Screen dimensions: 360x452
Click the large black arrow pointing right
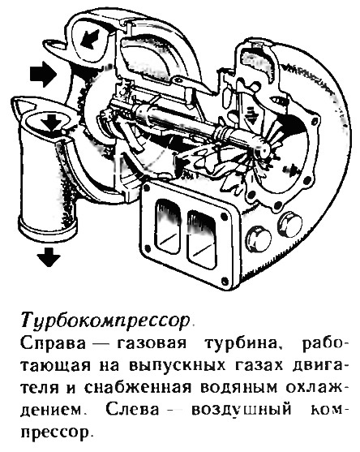click(43, 74)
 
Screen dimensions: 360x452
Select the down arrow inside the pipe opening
click(51, 123)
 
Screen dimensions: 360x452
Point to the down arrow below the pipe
click(49, 256)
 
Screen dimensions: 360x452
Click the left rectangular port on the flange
click(169, 228)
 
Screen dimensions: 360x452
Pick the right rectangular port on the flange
click(202, 240)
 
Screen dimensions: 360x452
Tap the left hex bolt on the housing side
click(259, 239)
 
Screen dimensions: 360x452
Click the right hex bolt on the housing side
click(289, 225)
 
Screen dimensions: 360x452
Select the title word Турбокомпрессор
click(105, 321)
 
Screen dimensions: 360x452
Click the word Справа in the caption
click(53, 343)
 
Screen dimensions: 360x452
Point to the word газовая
click(151, 343)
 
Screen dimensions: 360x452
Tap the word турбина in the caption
click(242, 343)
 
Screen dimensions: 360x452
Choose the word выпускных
click(177, 365)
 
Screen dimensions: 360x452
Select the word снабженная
click(138, 387)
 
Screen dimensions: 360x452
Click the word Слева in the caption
click(132, 409)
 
